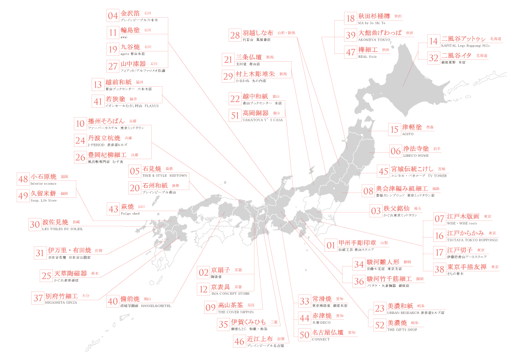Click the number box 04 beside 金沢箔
click(113, 15)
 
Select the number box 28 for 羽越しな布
click(235, 35)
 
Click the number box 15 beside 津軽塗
click(394, 129)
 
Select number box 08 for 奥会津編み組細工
click(368, 191)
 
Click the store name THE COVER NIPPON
click(236, 312)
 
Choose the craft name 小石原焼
click(44, 176)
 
